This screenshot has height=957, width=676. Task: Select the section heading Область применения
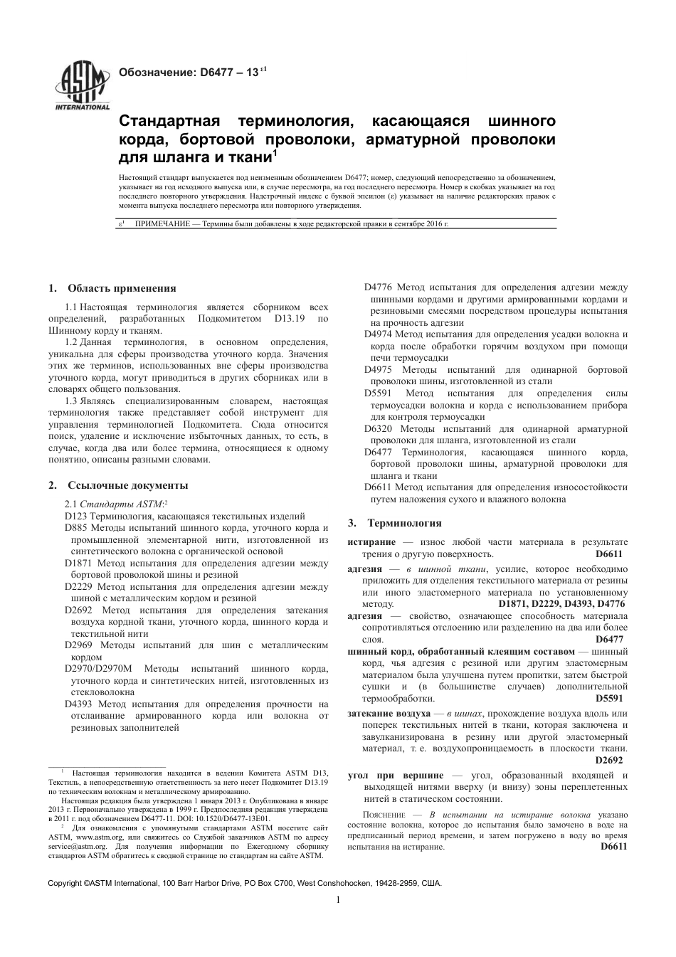pyautogui.click(x=121, y=288)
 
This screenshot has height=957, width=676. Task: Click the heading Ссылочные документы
pyautogui.click(x=128, y=485)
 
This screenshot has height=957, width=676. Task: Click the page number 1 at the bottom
pyautogui.click(x=337, y=899)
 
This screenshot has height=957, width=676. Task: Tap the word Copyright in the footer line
pyautogui.click(x=65, y=883)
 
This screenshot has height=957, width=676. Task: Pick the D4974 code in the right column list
pyautogui.click(x=377, y=334)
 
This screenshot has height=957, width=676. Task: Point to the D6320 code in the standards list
pyautogui.click(x=377, y=428)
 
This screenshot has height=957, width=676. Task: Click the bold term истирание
pyautogui.click(x=371, y=542)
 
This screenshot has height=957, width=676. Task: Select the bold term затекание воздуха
pyautogui.click(x=389, y=713)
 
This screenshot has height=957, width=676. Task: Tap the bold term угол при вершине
pyautogui.click(x=395, y=775)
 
